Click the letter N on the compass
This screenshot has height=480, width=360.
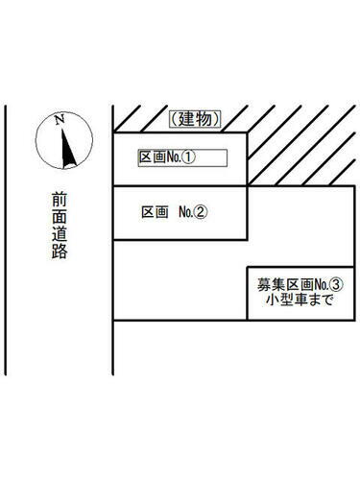(60, 120)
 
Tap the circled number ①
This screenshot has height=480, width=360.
(189, 157)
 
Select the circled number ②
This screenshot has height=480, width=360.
(201, 211)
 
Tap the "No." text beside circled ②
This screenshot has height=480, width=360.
(184, 211)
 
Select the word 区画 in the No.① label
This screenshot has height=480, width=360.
(152, 157)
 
